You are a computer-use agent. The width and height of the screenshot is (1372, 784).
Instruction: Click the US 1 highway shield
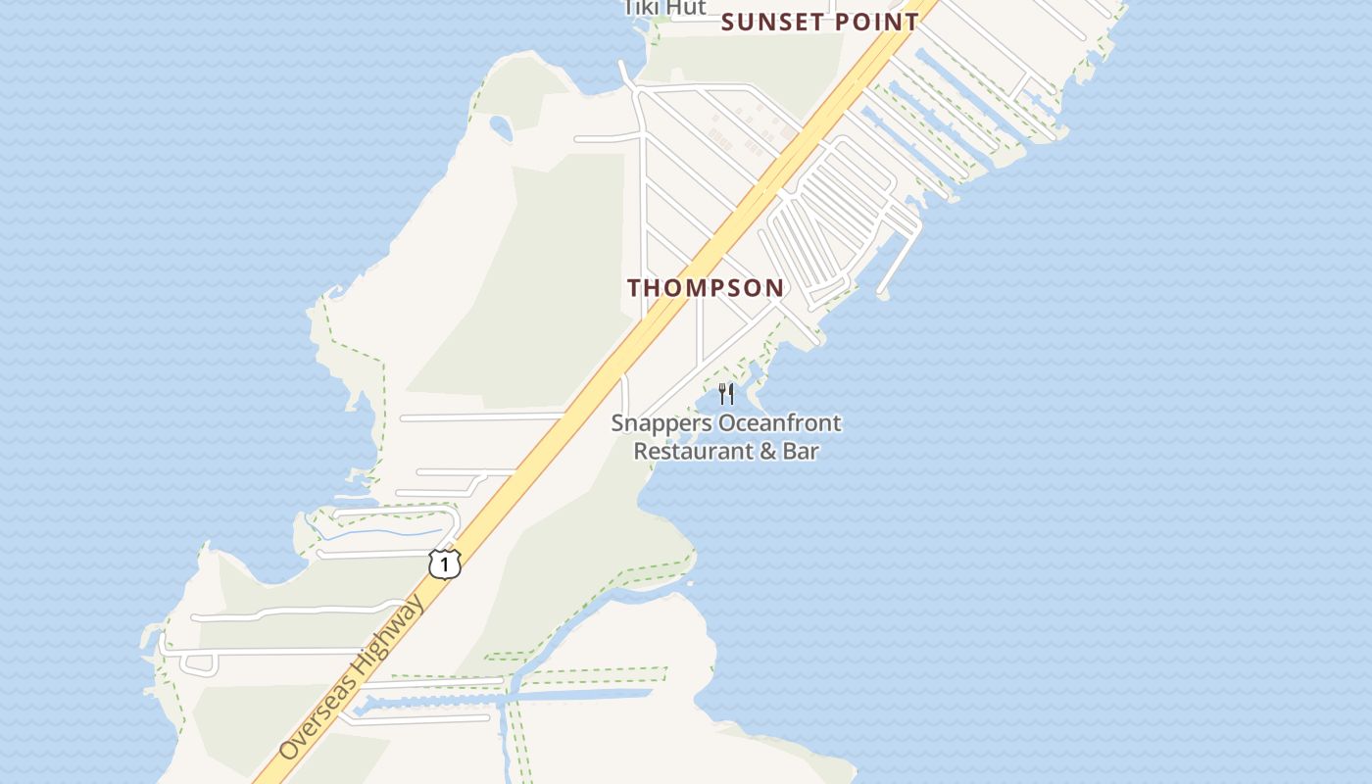click(x=444, y=564)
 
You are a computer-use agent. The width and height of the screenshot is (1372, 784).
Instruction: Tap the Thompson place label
click(x=706, y=288)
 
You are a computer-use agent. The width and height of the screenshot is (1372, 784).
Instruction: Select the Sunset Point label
click(x=820, y=22)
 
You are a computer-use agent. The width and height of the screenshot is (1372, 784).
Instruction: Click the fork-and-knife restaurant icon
click(x=726, y=394)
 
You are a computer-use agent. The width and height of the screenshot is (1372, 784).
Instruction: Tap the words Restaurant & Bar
click(x=726, y=451)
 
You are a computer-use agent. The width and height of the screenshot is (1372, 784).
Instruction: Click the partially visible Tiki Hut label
click(x=665, y=8)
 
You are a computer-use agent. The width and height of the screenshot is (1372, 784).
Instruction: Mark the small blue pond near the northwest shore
click(x=501, y=128)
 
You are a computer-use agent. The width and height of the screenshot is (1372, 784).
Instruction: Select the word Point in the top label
click(x=874, y=22)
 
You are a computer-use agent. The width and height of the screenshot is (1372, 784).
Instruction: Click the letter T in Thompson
click(x=634, y=288)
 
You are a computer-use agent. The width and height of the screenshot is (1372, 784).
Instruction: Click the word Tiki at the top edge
click(x=643, y=8)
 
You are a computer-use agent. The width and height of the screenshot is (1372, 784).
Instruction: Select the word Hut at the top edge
click(x=687, y=8)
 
